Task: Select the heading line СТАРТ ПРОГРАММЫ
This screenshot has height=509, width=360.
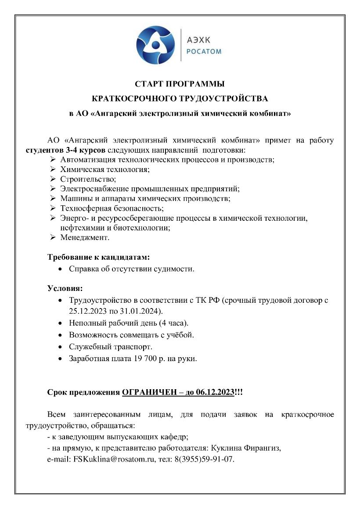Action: pos(180,83)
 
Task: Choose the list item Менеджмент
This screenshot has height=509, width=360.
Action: pos(85,237)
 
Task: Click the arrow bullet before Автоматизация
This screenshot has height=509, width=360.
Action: pos(53,160)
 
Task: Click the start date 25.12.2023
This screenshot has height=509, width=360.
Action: pos(87,311)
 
